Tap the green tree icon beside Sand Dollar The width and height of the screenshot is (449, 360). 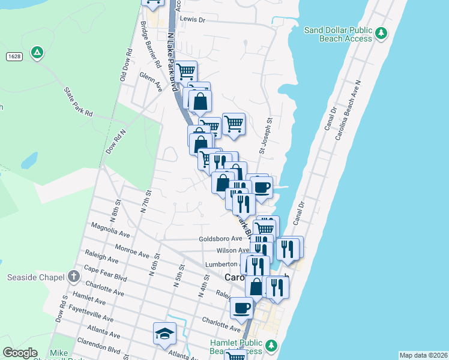click(381, 33)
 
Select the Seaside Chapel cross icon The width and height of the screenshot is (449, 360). click(73, 277)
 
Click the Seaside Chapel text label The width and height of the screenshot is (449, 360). click(35, 277)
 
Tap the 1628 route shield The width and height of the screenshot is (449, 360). click(14, 56)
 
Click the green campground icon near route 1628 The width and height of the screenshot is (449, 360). click(37, 53)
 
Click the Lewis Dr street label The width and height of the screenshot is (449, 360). click(192, 20)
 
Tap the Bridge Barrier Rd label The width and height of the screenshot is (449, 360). click(150, 44)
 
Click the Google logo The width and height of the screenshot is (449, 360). click(20, 353)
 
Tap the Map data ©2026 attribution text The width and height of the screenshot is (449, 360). click(423, 355)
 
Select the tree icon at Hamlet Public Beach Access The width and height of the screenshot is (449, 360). click(271, 346)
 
